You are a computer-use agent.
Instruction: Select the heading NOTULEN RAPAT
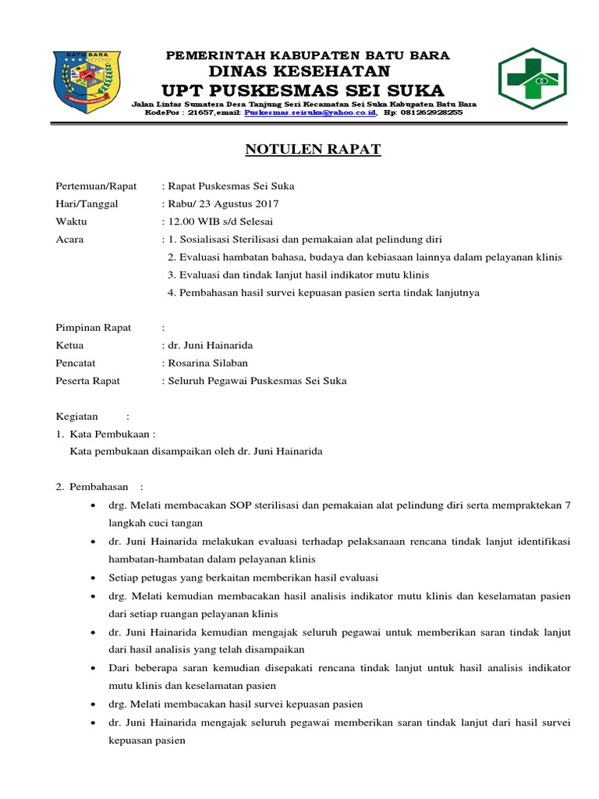[x=314, y=149]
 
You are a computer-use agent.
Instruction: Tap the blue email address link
[x=310, y=112]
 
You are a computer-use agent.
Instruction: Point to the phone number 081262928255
[x=431, y=112]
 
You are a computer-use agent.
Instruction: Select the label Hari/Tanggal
[x=86, y=204]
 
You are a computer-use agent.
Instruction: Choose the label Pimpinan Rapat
[x=94, y=328]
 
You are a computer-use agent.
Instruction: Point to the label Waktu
[x=71, y=222]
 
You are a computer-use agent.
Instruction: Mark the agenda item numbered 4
[x=324, y=293]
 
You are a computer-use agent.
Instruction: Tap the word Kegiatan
[x=77, y=417]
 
